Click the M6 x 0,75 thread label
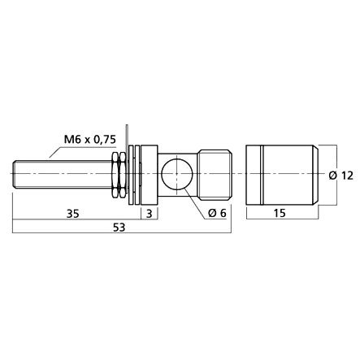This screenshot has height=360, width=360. [89, 140]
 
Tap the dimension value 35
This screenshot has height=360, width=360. [73, 214]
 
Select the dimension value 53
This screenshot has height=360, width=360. [119, 228]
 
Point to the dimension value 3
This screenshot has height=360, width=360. [150, 214]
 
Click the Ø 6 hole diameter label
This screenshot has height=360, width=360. [217, 213]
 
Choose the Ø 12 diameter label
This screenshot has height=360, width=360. [341, 176]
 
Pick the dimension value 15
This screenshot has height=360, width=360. [280, 213]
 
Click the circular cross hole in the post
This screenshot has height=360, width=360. [177, 173]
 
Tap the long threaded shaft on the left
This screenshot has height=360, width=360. [63, 174]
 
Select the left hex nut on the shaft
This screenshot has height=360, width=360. [115, 174]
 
